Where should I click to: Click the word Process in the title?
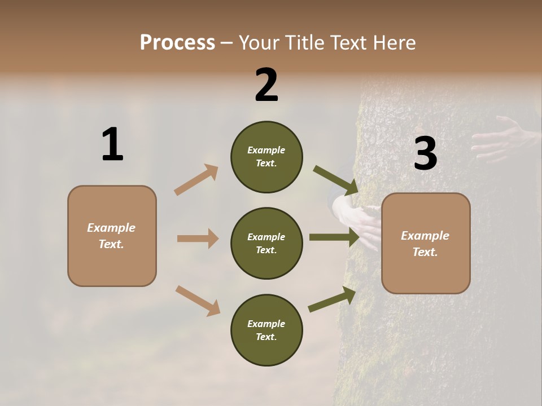pyautogui.click(x=177, y=42)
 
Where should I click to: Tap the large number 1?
pyautogui.click(x=112, y=144)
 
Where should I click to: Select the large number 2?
pyautogui.click(x=266, y=85)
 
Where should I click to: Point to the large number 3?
pyautogui.click(x=425, y=153)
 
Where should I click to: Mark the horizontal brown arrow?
pyautogui.click(x=198, y=239)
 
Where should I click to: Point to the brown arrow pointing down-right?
pyautogui.click(x=198, y=300)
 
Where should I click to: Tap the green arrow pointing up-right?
pyautogui.click(x=332, y=299)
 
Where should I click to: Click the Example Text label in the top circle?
pyautogui.click(x=266, y=157)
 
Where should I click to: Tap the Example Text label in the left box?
pyautogui.click(x=111, y=236)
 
